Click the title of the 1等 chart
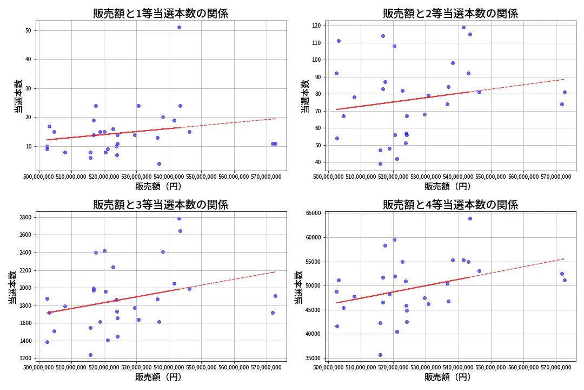(x=161, y=14)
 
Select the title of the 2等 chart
(x=450, y=14)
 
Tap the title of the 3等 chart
(x=161, y=205)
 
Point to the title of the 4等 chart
(x=450, y=205)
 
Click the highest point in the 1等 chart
(x=179, y=27)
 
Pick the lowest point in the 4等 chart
(x=380, y=355)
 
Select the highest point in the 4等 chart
(x=470, y=218)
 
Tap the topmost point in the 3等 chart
(x=179, y=218)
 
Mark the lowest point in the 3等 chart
(x=90, y=355)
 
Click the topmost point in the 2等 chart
(x=463, y=27)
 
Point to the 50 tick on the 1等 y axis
(x=28, y=30)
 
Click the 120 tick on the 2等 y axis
(x=315, y=25)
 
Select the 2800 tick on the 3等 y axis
(x=25, y=217)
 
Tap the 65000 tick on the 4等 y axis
(x=312, y=213)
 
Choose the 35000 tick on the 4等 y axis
(x=312, y=358)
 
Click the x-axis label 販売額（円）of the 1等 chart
(x=161, y=186)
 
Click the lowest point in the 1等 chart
(x=159, y=164)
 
